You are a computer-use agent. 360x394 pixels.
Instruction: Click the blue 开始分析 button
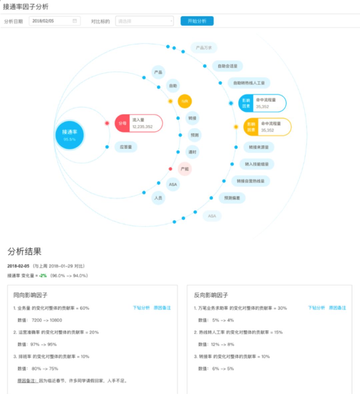[x=197, y=21]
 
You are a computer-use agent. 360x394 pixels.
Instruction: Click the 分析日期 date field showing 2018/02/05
[x=54, y=21]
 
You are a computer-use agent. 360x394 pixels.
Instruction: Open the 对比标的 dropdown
[x=144, y=21]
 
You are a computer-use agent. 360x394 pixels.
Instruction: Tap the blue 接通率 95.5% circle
[x=69, y=135]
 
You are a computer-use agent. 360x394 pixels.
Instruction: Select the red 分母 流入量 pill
[x=139, y=123]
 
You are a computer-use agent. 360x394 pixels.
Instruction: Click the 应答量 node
[x=126, y=147]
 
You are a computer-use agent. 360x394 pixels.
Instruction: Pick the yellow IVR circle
[x=185, y=101]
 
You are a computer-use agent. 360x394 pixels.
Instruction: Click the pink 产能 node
[x=185, y=169]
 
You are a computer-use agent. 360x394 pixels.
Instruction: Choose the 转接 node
[x=192, y=118]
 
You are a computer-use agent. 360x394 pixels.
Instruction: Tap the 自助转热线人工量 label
[x=249, y=83]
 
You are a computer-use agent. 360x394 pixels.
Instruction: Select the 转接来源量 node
[x=259, y=147]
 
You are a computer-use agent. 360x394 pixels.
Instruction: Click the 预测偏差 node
[x=232, y=198]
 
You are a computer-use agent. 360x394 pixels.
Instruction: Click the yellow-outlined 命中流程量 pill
[x=267, y=127]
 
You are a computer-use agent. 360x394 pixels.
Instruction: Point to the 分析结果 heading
[x=24, y=251]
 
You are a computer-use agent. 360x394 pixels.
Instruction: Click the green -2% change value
[x=43, y=276]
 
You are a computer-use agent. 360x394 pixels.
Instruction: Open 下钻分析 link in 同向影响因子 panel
[x=141, y=308]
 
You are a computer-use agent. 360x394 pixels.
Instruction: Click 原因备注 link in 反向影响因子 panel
[x=337, y=308]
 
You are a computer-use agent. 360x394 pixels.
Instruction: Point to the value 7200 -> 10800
[x=47, y=320]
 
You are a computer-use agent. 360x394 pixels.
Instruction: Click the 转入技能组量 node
[x=257, y=164]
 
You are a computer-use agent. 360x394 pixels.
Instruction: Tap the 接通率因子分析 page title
[x=26, y=6]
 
